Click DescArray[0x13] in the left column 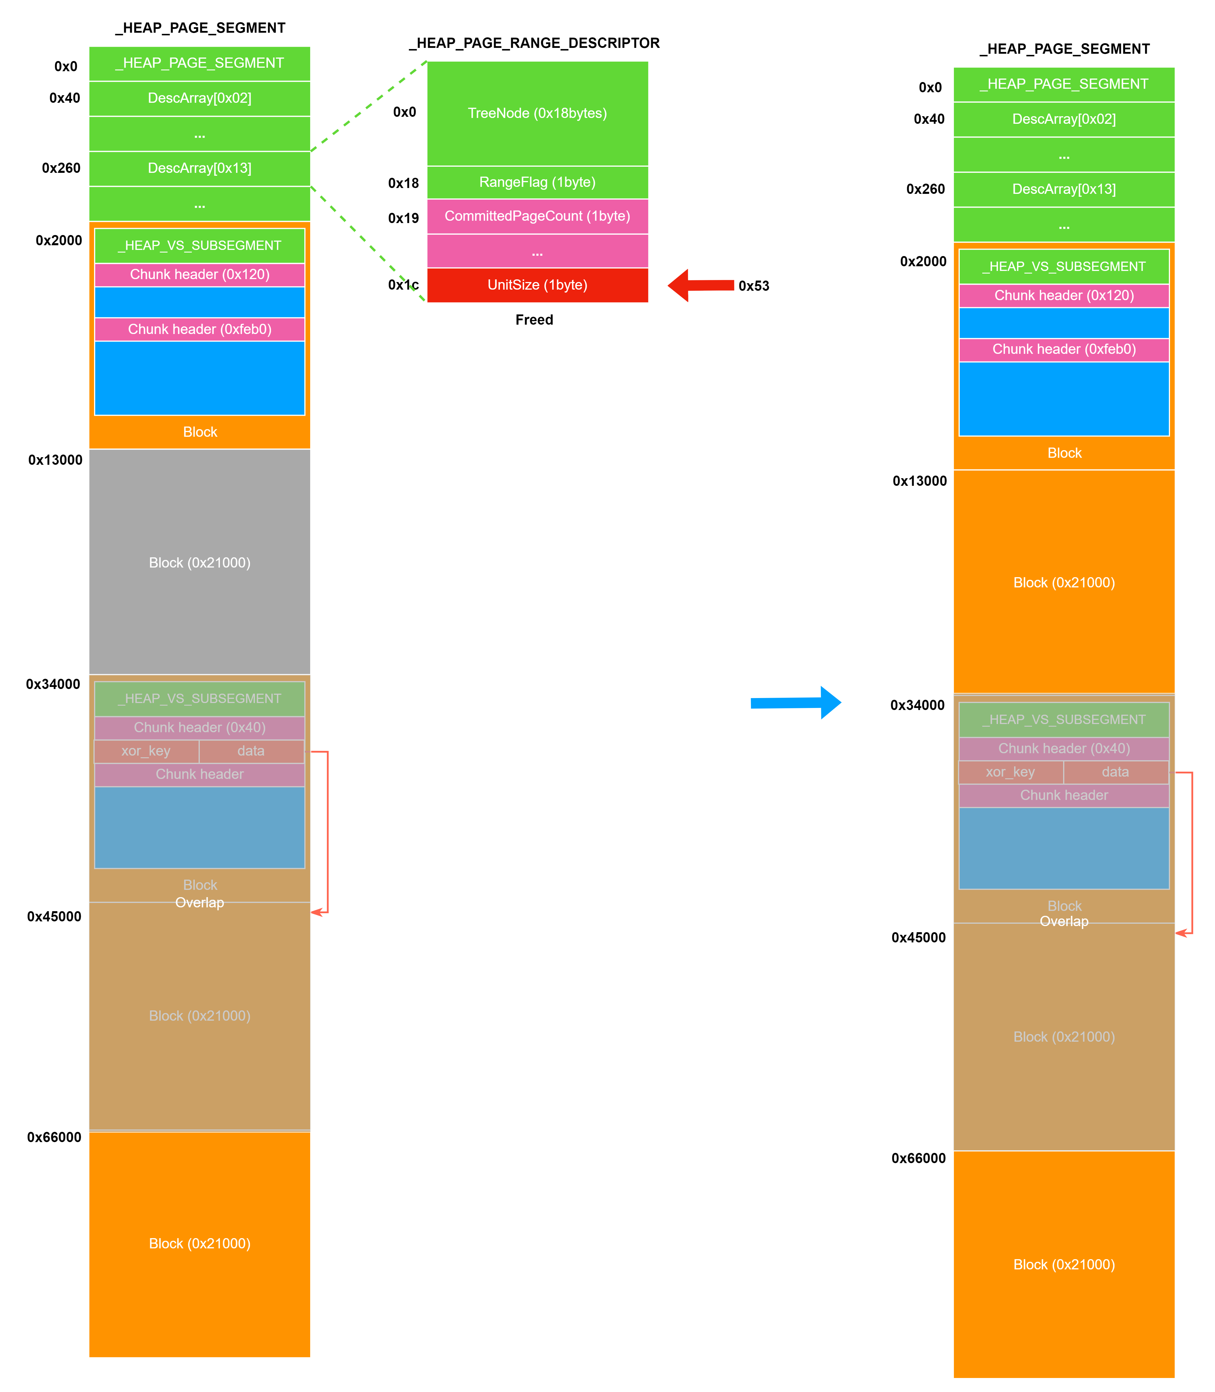click(199, 168)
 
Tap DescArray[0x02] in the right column click(1064, 119)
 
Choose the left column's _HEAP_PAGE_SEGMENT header click(199, 63)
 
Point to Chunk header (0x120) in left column click(199, 274)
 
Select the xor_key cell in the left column click(146, 751)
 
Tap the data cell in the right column click(1115, 772)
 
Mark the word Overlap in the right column click(1064, 922)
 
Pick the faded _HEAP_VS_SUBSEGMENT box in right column click(1064, 720)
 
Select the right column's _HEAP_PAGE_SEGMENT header click(1064, 84)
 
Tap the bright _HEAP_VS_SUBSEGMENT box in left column click(199, 245)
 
